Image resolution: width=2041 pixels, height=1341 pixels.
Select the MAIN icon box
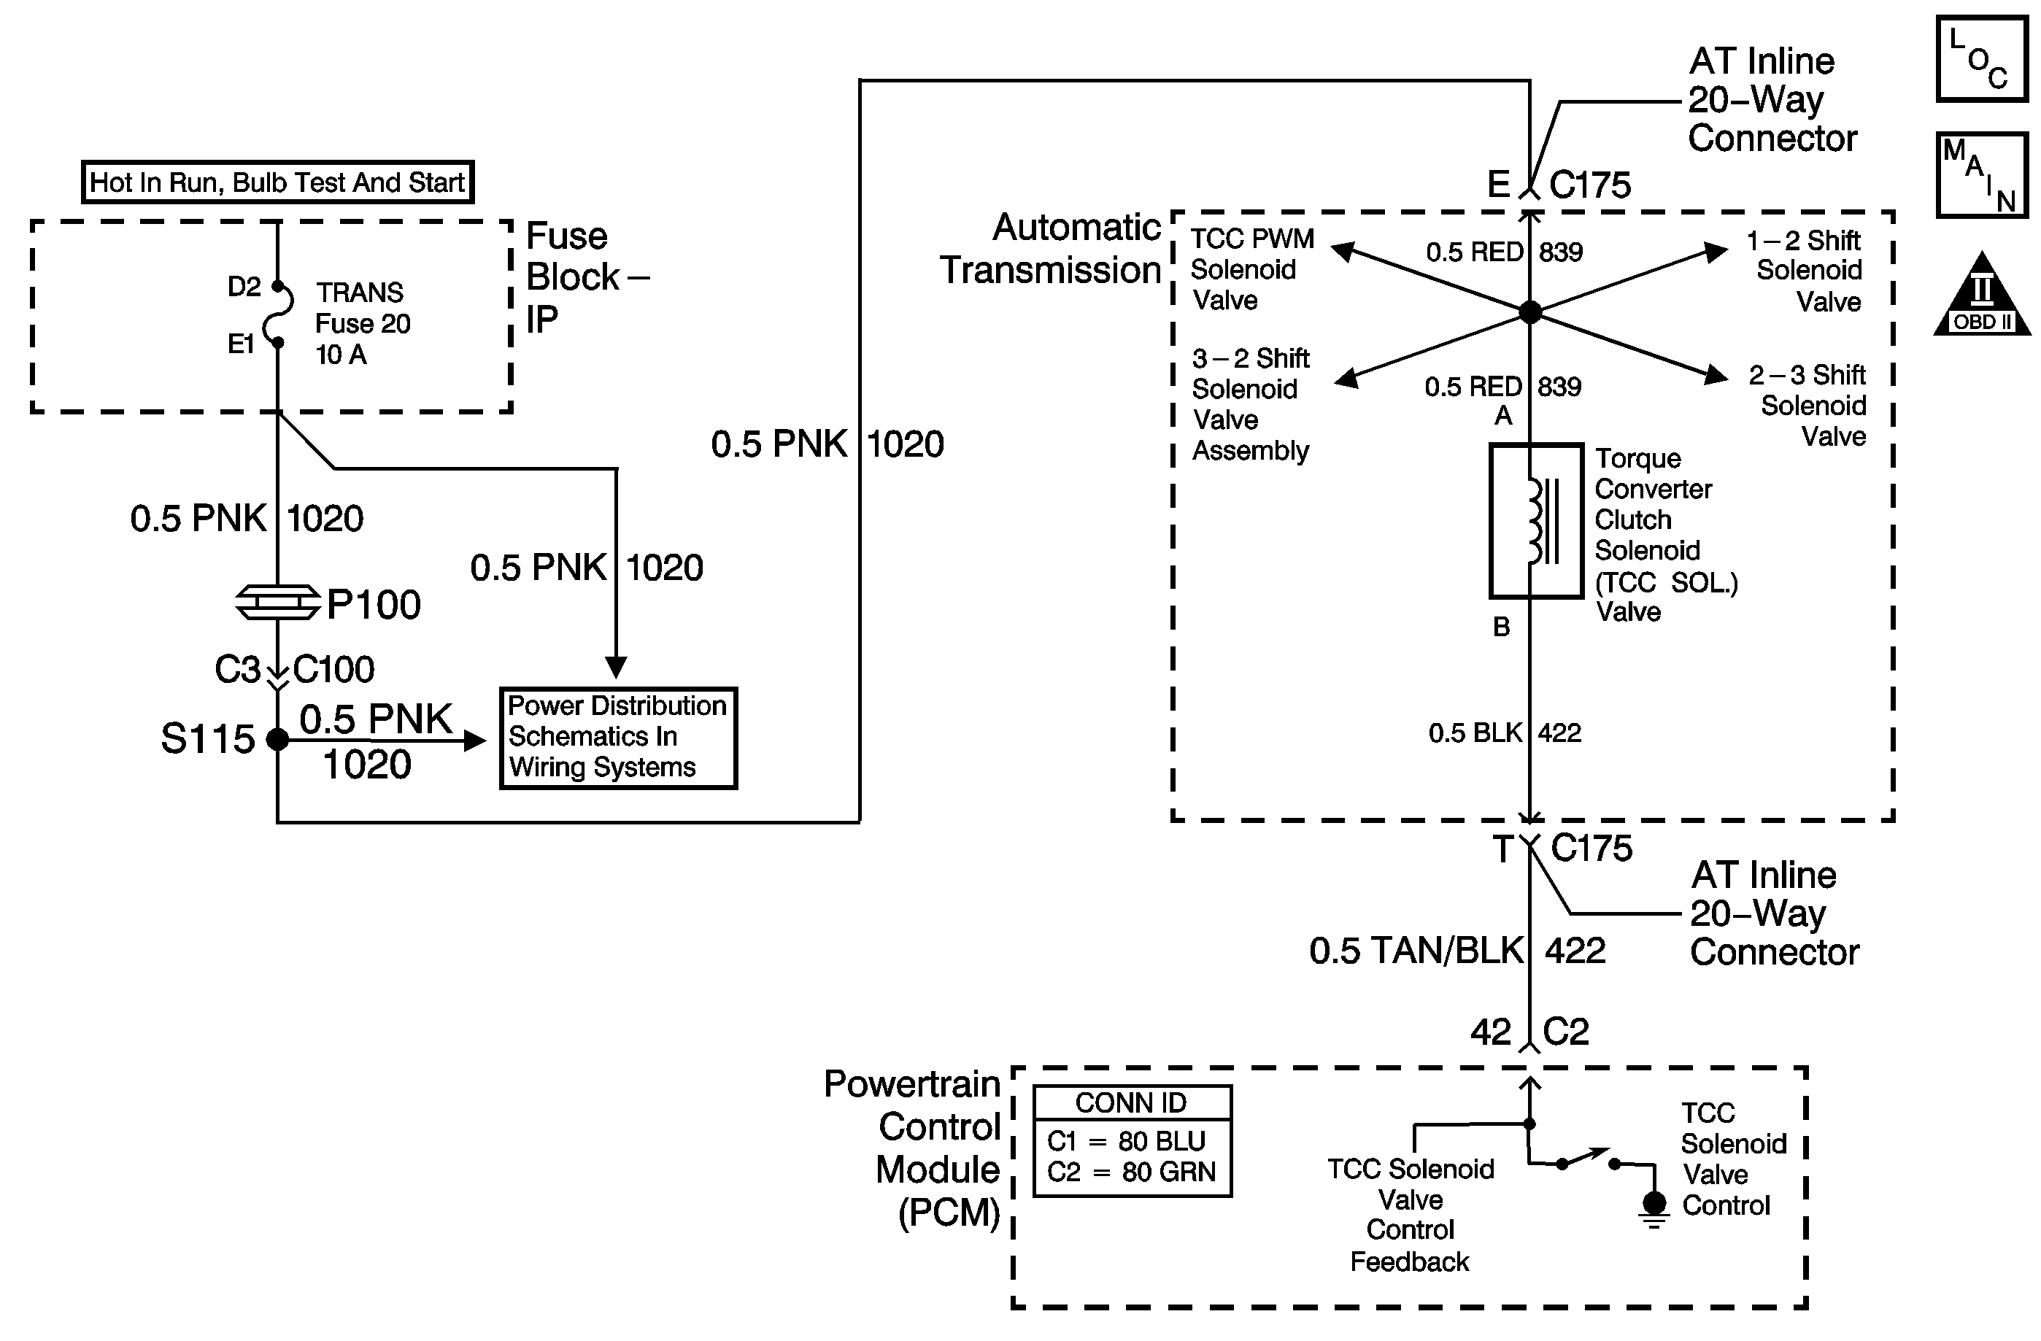click(x=1982, y=175)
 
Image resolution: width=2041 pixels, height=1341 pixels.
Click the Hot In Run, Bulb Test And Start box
click(x=277, y=182)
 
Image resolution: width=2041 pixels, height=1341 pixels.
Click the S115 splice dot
click(x=278, y=739)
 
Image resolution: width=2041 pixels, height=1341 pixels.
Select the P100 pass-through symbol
click(x=278, y=602)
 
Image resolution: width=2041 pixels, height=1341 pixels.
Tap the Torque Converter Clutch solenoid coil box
click(x=1536, y=520)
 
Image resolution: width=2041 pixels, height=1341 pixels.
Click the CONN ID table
click(x=1132, y=1140)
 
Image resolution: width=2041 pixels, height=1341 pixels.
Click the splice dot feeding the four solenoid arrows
click(x=1530, y=312)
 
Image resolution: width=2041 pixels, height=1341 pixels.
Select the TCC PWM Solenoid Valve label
click(x=1251, y=269)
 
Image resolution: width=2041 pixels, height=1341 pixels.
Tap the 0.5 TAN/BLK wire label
click(x=1416, y=951)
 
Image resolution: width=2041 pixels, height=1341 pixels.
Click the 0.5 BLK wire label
click(x=1475, y=733)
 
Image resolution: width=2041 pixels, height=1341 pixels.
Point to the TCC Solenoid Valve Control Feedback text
click(x=1411, y=1215)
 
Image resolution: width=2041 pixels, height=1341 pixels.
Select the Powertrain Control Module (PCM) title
click(x=914, y=1148)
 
